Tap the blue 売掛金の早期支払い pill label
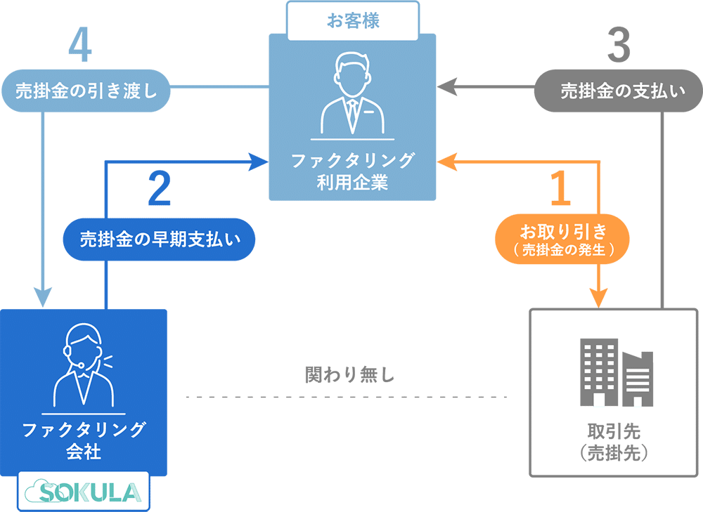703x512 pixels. coord(159,237)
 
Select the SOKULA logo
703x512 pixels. coord(83,491)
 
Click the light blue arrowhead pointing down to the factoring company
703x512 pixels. coord(44,298)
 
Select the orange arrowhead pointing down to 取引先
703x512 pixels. coord(598,299)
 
